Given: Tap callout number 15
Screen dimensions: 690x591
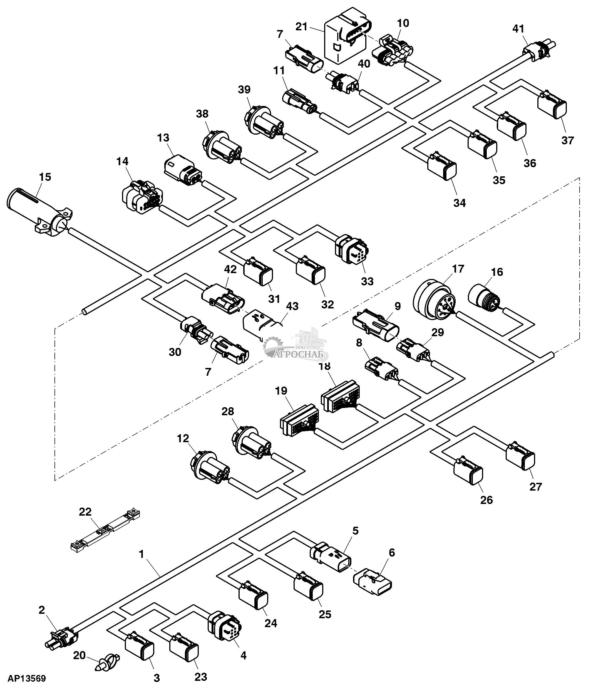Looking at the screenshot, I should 45,177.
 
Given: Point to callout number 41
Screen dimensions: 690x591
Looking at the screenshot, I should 518,29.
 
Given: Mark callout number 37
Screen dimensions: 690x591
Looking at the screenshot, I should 568,140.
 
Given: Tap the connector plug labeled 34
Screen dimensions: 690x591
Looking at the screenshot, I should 442,167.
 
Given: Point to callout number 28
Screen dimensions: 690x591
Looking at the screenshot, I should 228,411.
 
